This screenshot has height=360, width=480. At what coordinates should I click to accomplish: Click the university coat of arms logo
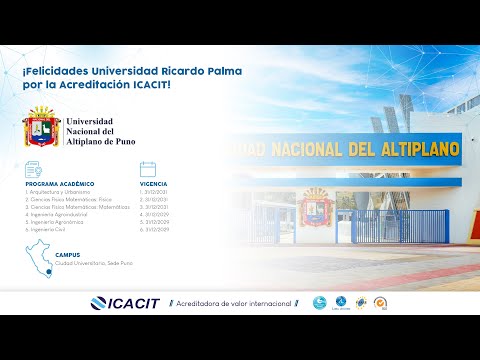click(43, 128)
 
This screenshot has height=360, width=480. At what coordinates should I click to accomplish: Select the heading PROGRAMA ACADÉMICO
click(60, 185)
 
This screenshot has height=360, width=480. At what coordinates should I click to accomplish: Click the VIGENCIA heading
click(154, 185)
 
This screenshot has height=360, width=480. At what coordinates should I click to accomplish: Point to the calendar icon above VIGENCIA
click(148, 169)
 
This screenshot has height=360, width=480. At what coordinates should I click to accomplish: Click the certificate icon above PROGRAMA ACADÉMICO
click(33, 169)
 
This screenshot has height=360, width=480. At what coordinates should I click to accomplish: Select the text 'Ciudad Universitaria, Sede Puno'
click(94, 263)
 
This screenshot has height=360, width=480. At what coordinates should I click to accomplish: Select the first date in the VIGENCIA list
click(155, 193)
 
